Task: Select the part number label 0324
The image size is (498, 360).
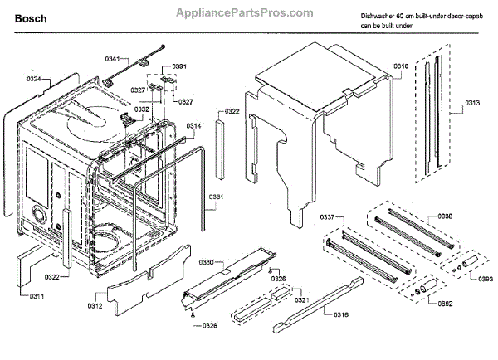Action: click(x=34, y=80)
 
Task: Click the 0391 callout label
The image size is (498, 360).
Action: click(x=178, y=66)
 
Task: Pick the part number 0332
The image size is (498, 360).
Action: click(x=143, y=109)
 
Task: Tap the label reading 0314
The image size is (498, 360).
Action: click(x=193, y=126)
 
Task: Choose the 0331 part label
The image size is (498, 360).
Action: click(x=216, y=197)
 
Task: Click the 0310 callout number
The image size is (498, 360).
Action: click(x=401, y=65)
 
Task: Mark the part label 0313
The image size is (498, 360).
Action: click(x=471, y=104)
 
